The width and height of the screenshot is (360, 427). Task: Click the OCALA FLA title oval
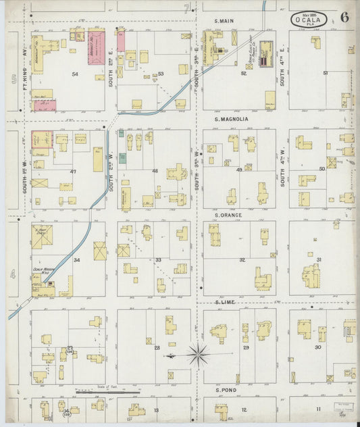[310, 20]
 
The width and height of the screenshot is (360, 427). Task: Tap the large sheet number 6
[344, 18]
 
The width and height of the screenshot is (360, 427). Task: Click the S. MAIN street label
[224, 21]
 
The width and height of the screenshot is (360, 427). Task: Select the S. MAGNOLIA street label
[231, 120]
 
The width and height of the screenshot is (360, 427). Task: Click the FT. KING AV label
[24, 68]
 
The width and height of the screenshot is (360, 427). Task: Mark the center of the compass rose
[197, 353]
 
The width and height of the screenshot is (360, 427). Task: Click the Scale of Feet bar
[108, 391]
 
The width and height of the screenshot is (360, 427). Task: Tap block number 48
[155, 171]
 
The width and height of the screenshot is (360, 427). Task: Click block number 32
[242, 259]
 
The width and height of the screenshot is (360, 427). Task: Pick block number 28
[157, 348]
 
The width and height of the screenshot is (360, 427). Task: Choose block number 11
[317, 409]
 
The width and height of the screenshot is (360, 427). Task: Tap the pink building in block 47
[42, 139]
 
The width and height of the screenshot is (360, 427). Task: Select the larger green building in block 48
[122, 158]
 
